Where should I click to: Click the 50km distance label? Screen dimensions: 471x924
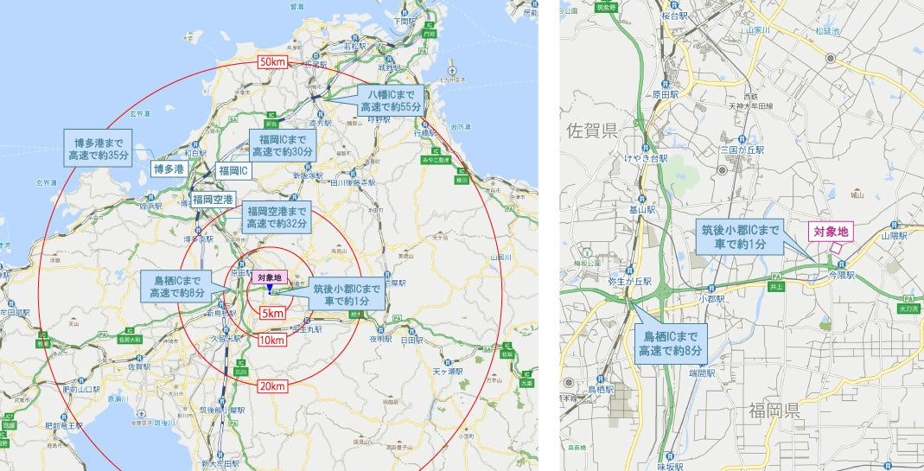(x=272, y=62)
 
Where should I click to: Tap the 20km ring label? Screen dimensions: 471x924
(x=272, y=386)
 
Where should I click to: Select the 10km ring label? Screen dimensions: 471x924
(x=271, y=341)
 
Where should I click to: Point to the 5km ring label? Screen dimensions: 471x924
(x=272, y=311)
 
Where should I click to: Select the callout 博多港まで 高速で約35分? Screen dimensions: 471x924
(x=98, y=148)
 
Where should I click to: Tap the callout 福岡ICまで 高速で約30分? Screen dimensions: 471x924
(x=282, y=143)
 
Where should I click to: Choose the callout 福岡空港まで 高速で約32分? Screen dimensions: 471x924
(x=277, y=217)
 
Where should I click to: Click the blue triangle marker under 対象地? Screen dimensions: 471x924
(x=270, y=288)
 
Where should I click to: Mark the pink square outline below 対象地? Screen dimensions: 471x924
(x=835, y=250)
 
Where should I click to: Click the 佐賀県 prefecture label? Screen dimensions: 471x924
(x=591, y=130)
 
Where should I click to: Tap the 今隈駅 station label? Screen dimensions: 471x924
(x=839, y=275)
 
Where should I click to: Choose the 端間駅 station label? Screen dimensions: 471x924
(x=701, y=373)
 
